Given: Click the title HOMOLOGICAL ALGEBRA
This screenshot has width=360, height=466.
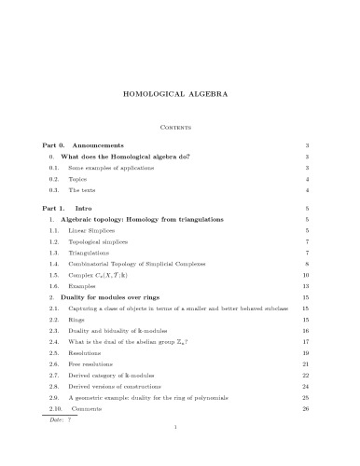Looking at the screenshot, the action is point(179,94).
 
